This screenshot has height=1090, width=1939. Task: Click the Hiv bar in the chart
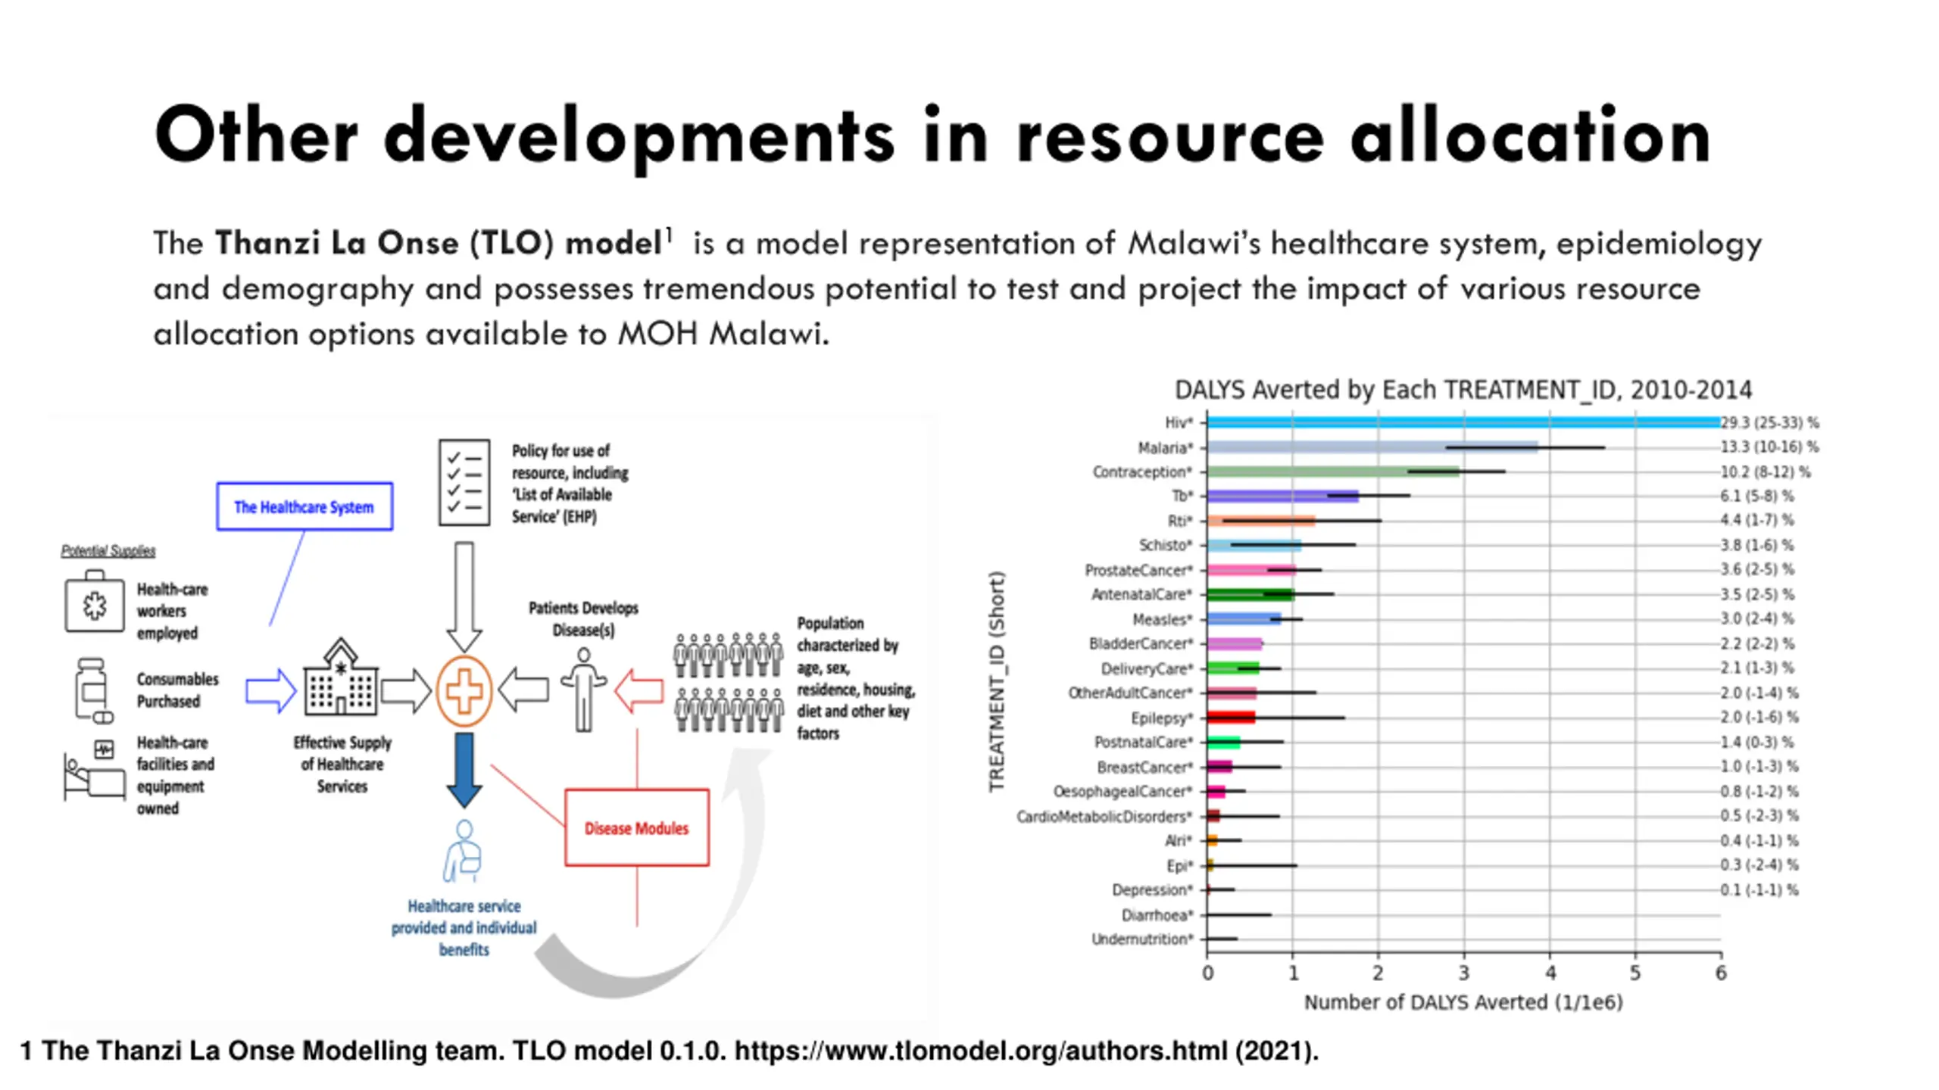(x=1462, y=422)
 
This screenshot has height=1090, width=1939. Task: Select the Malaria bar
(x=1371, y=447)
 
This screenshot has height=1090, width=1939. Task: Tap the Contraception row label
(x=1141, y=472)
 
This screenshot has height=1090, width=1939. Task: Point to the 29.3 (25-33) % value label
(x=1769, y=422)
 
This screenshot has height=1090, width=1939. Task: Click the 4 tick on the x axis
(x=1550, y=973)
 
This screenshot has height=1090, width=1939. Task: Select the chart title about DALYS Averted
(x=1463, y=390)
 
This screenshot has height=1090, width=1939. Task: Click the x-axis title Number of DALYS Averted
(x=1463, y=1002)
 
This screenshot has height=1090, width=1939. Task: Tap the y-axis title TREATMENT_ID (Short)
(x=997, y=681)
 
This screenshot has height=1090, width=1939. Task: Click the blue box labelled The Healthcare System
(x=304, y=506)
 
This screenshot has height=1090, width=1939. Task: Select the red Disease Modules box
(x=637, y=827)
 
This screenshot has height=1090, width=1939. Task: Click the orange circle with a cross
(x=464, y=691)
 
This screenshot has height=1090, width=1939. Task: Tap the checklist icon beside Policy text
(x=464, y=482)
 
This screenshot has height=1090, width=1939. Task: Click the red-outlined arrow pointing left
(x=639, y=690)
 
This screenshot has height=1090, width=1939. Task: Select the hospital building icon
(x=341, y=680)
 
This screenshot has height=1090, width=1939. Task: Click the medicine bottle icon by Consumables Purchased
(x=92, y=689)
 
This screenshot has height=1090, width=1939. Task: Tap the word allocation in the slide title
(x=1531, y=136)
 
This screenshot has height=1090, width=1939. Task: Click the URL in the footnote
(x=981, y=1051)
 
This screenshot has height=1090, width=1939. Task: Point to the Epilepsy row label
(x=1161, y=718)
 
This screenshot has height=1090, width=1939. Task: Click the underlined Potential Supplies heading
(x=108, y=551)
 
